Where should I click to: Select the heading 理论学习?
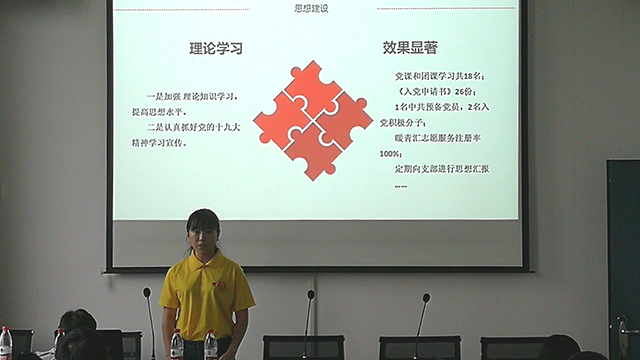[x=216, y=48]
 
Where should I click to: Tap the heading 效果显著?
[x=409, y=47]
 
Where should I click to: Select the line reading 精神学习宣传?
[x=166, y=142]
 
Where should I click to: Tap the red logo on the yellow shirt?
[x=221, y=285]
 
